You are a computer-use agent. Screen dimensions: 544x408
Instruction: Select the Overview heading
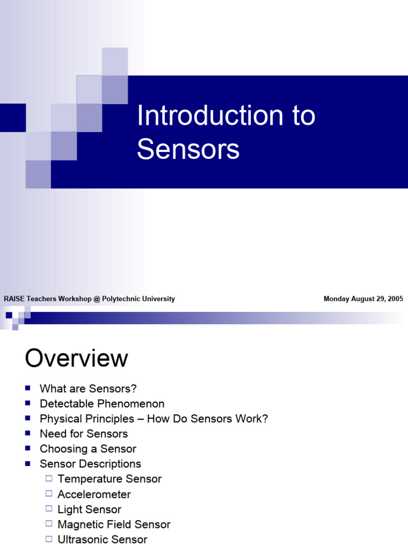[x=76, y=359]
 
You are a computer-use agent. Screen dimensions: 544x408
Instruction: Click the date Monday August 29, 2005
[x=363, y=299]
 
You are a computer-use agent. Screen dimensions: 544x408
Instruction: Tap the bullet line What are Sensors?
[x=88, y=389]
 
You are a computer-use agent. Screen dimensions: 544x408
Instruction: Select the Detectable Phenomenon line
[x=102, y=404]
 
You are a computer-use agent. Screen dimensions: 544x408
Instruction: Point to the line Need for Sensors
[x=84, y=433]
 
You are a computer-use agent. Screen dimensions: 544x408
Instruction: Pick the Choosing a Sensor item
[x=88, y=449]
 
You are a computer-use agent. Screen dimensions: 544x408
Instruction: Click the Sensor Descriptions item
[x=90, y=464]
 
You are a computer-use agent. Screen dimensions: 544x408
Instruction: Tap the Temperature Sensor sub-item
[x=109, y=479]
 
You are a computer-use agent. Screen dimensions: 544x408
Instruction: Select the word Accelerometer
[x=94, y=494]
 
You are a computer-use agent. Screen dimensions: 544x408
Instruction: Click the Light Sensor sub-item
[x=89, y=509]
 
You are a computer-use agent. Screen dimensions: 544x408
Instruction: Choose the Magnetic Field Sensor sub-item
[x=114, y=524]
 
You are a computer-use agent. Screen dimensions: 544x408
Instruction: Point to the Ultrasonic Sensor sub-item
[x=103, y=539]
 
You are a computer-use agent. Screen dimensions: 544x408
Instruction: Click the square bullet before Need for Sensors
[x=28, y=433]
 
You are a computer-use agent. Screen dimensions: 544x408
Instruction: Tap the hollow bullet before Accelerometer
[x=49, y=494]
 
